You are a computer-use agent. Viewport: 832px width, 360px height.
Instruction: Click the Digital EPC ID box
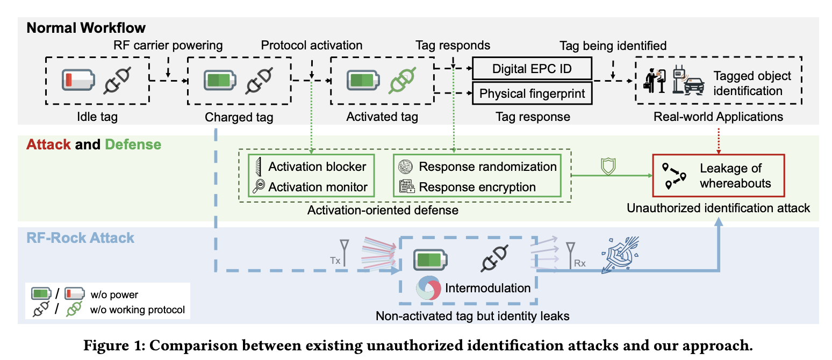pos(532,69)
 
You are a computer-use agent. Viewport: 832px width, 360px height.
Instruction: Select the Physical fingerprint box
pos(532,93)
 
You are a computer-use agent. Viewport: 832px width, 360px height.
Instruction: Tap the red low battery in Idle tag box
pos(77,80)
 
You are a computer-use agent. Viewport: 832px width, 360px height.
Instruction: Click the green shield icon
pos(607,166)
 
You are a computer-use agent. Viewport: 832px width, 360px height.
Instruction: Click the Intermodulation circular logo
pos(428,288)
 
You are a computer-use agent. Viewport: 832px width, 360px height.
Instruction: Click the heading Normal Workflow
pos(86,28)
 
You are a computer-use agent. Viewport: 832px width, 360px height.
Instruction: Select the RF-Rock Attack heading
pos(81,237)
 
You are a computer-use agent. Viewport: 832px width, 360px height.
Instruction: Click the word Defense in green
pos(133,145)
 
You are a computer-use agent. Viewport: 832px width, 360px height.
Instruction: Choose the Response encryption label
pos(477,187)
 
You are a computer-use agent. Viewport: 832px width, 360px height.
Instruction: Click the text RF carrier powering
pos(168,45)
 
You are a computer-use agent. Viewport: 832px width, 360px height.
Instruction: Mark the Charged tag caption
pos(239,117)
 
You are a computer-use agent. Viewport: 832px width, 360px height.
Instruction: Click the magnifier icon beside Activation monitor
pos(257,186)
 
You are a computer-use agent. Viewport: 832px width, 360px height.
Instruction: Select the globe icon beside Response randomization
pos(404,167)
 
